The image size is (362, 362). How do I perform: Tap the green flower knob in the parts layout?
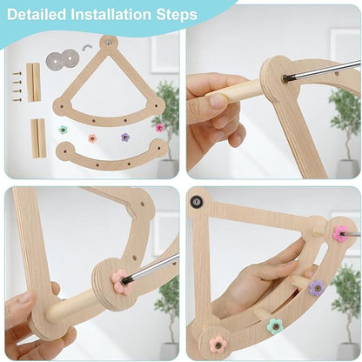click(64, 130)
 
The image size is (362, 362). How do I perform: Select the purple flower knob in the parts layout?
click(124, 137)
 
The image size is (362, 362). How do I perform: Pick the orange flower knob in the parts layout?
click(92, 137)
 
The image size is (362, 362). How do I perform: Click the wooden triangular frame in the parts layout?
click(109, 87)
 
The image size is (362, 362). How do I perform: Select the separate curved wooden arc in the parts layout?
click(109, 158)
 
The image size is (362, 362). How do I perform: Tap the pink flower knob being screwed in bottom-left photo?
click(119, 281)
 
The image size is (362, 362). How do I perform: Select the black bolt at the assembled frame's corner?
click(197, 202)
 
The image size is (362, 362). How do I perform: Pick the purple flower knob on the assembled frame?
click(317, 286)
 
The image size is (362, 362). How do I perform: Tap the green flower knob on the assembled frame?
click(275, 326)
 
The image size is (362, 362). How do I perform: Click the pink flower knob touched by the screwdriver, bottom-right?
click(339, 233)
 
